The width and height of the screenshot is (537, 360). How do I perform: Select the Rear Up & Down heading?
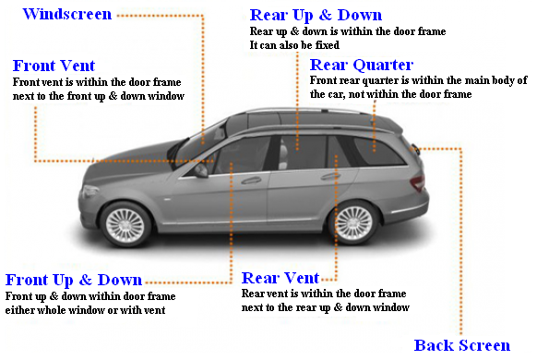(x=316, y=16)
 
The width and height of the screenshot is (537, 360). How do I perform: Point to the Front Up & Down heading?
(x=74, y=280)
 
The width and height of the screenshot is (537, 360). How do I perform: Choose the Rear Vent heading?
(x=280, y=278)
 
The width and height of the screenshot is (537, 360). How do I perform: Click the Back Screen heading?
(x=461, y=345)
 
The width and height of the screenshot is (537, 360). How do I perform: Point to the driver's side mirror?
(x=201, y=170)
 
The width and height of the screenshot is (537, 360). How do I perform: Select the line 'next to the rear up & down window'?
(x=325, y=307)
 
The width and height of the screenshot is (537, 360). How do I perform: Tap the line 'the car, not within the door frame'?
(x=391, y=94)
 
